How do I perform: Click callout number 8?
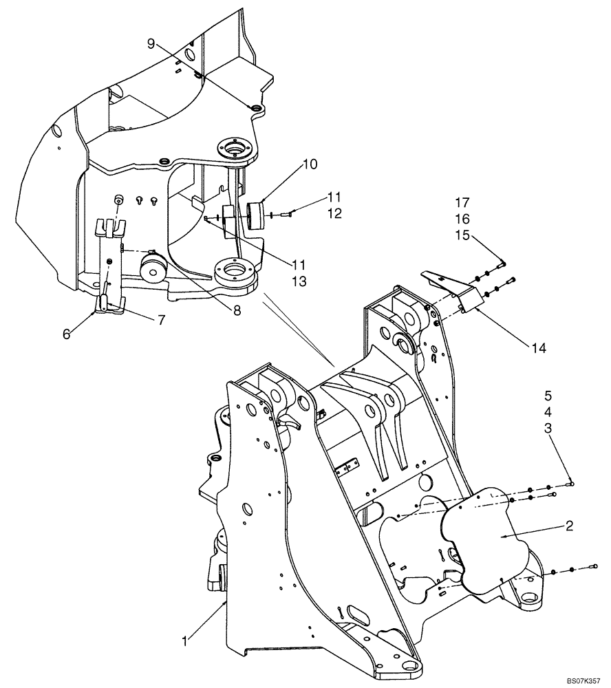click(x=237, y=310)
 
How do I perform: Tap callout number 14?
click(x=538, y=349)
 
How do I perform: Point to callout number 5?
click(x=548, y=396)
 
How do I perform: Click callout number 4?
click(x=548, y=412)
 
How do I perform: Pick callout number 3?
click(x=548, y=428)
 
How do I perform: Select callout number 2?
click(x=570, y=526)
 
